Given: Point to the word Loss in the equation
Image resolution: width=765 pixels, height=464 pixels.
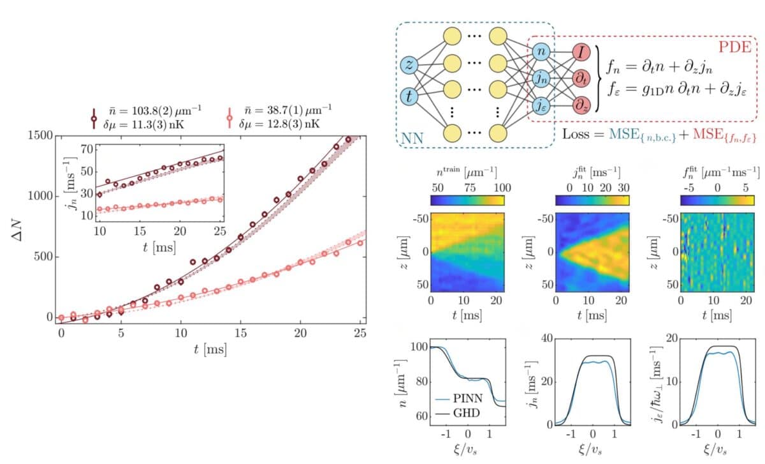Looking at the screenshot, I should point(578,135).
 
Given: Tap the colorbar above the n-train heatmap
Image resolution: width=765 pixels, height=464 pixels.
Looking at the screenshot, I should point(467,199).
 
